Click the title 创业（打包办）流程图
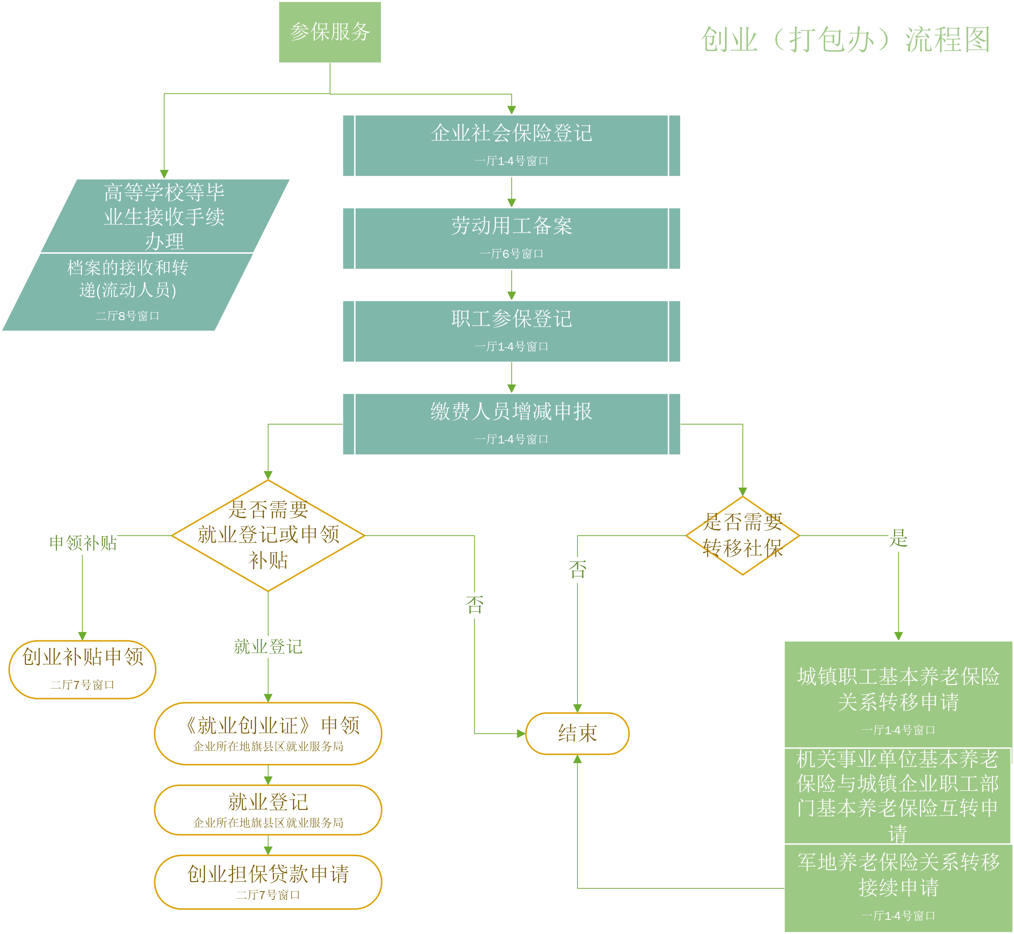click(845, 39)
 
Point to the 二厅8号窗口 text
click(127, 316)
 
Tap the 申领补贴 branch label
click(83, 543)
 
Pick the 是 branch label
click(898, 538)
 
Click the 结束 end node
click(577, 733)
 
